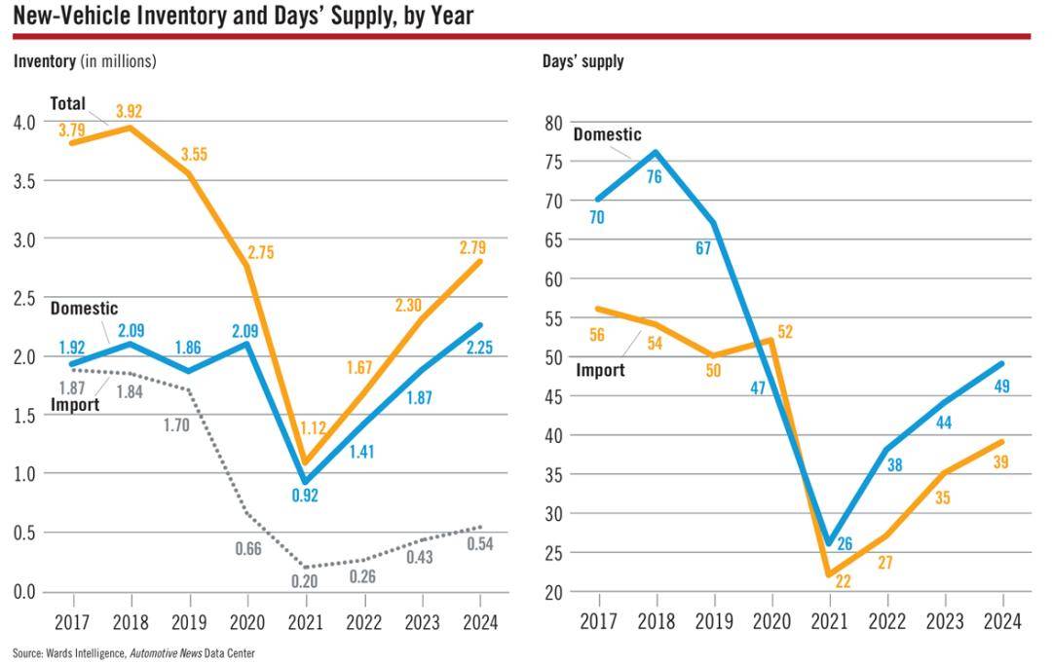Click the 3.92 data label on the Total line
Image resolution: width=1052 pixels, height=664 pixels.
pos(129,111)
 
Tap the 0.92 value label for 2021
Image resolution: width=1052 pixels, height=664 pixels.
pos(305,496)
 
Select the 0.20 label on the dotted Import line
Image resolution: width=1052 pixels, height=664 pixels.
pos(304,581)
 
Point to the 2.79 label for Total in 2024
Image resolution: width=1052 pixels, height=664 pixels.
pos(472,247)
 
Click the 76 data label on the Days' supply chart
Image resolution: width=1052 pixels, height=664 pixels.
pos(655,177)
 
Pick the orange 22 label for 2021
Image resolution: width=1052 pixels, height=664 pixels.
pos(843,581)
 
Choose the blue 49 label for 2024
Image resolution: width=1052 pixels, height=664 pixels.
pos(1001,387)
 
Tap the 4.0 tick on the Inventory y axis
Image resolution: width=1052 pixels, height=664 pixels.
pos(24,123)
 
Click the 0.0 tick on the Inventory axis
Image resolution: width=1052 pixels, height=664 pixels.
pos(24,592)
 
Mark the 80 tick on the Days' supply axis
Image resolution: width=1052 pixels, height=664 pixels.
pos(553,123)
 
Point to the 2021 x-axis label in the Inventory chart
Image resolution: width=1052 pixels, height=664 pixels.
pos(305,622)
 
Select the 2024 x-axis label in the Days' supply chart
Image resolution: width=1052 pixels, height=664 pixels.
pos(1002,622)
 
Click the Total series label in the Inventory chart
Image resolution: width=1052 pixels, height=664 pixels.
pos(68,104)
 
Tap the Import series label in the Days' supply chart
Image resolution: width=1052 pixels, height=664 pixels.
pos(600,370)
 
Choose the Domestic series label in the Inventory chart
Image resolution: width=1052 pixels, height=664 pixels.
pos(84,309)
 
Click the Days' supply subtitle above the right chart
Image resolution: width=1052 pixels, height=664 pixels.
pos(583,61)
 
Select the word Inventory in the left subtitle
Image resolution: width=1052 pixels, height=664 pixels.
pos(44,61)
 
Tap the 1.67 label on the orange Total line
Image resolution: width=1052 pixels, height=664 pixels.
pos(359,368)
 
